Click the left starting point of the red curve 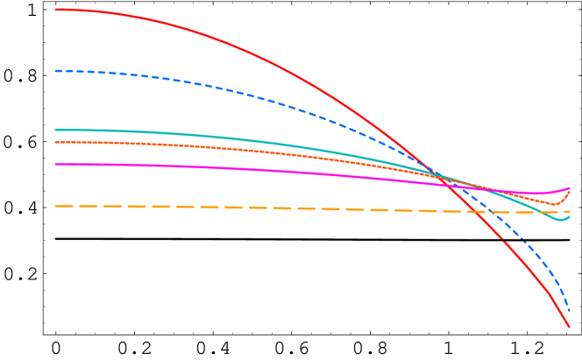55,10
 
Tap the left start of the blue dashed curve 55,71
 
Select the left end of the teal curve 55,130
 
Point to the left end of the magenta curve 55,164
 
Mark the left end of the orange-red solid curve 55,142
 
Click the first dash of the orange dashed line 61,207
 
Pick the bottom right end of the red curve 570,328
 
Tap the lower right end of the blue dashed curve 570,311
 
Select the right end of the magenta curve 570,188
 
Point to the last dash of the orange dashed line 565,212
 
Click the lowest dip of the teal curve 562,220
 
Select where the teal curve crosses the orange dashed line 536,212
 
